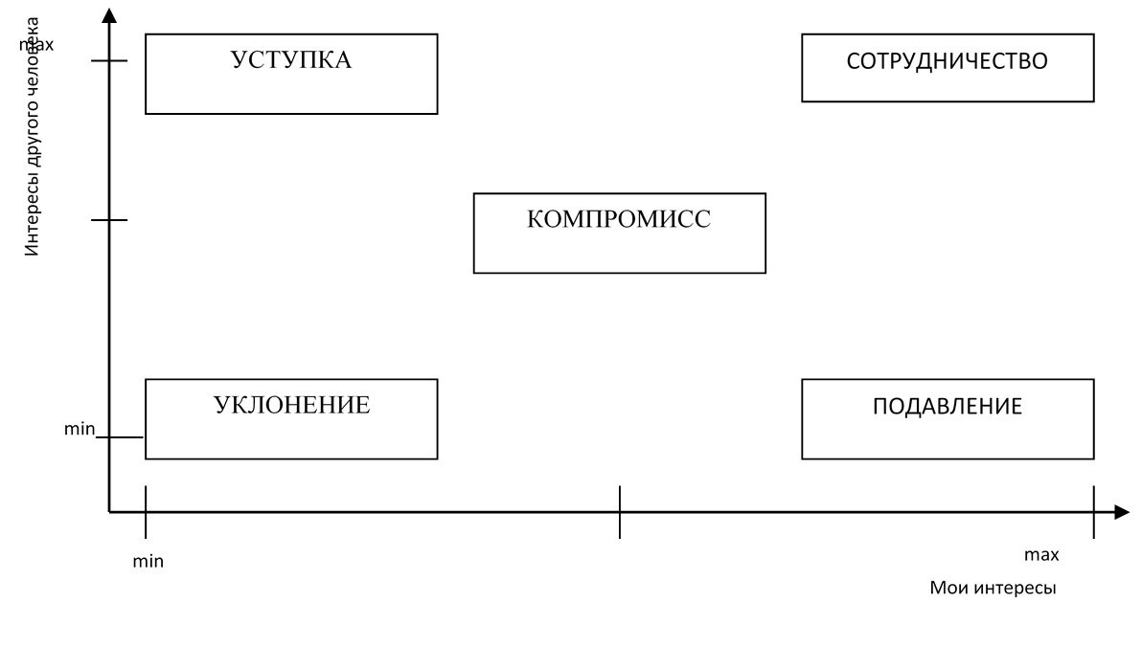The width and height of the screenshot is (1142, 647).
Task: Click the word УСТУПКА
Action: [x=291, y=60]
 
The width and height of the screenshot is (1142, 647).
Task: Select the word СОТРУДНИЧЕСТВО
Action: [x=947, y=61]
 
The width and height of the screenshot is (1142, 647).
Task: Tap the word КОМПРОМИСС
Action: [x=619, y=219]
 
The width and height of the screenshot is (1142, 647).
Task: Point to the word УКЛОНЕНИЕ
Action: [x=291, y=405]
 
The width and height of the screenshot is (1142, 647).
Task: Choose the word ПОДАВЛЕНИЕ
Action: [x=947, y=406]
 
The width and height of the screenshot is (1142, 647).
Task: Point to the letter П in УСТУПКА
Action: [x=304, y=60]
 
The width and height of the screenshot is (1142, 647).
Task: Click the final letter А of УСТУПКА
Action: [x=342, y=60]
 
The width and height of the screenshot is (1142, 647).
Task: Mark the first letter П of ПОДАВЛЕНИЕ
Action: [x=880, y=406]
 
